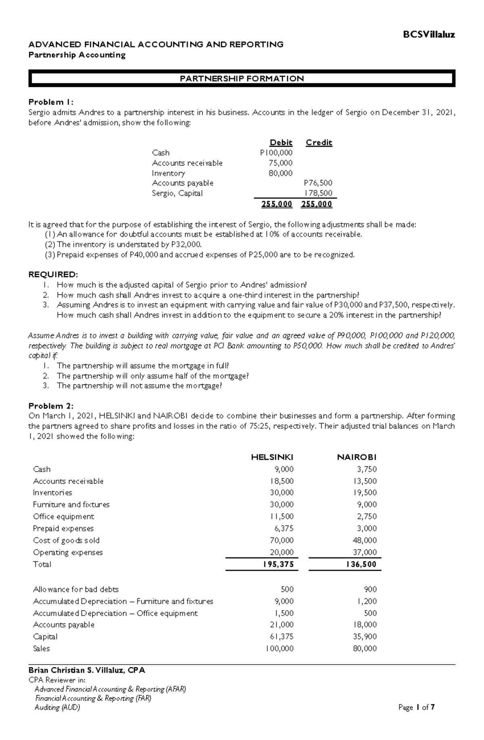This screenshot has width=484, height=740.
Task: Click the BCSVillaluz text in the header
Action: point(429,35)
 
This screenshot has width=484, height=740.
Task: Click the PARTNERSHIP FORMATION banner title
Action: point(242,79)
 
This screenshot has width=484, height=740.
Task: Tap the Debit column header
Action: point(281,142)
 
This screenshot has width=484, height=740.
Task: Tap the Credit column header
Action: point(319,142)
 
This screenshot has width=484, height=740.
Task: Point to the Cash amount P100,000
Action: point(276,153)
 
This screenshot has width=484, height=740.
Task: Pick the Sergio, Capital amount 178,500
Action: point(319,193)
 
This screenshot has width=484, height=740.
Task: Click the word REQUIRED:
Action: point(53,275)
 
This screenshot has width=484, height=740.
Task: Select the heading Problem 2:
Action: point(51,406)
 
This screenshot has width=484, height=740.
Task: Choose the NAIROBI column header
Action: point(357,457)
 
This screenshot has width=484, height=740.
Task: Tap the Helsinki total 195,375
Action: point(278,564)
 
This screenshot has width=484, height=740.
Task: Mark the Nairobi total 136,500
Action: point(361,564)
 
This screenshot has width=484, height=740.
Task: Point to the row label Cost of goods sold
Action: point(66,540)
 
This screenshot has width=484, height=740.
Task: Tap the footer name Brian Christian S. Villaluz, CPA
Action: point(87,670)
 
